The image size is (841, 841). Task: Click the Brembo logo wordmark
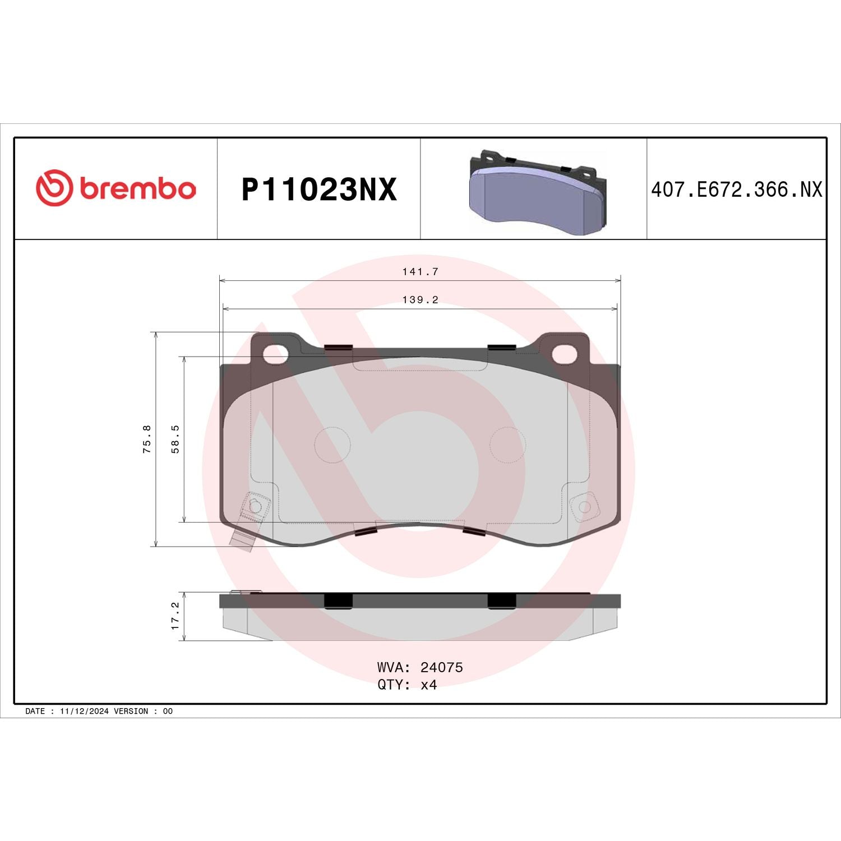click(137, 189)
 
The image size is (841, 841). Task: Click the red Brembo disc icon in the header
click(54, 187)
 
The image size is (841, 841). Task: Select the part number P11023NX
click(318, 190)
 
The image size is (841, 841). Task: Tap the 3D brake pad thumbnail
click(537, 192)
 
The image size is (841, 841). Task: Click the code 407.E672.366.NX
click(736, 190)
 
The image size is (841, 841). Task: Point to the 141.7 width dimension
click(420, 272)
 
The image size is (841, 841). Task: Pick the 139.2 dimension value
click(420, 300)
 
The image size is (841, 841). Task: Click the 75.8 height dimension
click(147, 439)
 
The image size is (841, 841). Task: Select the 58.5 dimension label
click(175, 439)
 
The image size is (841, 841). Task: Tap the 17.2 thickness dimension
click(175, 616)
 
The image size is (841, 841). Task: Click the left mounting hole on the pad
click(275, 354)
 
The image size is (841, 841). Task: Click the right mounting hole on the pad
click(564, 354)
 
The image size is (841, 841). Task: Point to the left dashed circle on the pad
click(332, 445)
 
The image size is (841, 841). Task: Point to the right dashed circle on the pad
click(507, 445)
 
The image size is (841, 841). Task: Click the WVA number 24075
click(441, 667)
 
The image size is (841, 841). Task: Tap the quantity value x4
click(428, 685)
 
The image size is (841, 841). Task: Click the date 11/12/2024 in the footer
click(84, 711)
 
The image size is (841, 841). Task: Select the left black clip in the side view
click(338, 600)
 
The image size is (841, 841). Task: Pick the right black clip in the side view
click(501, 600)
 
